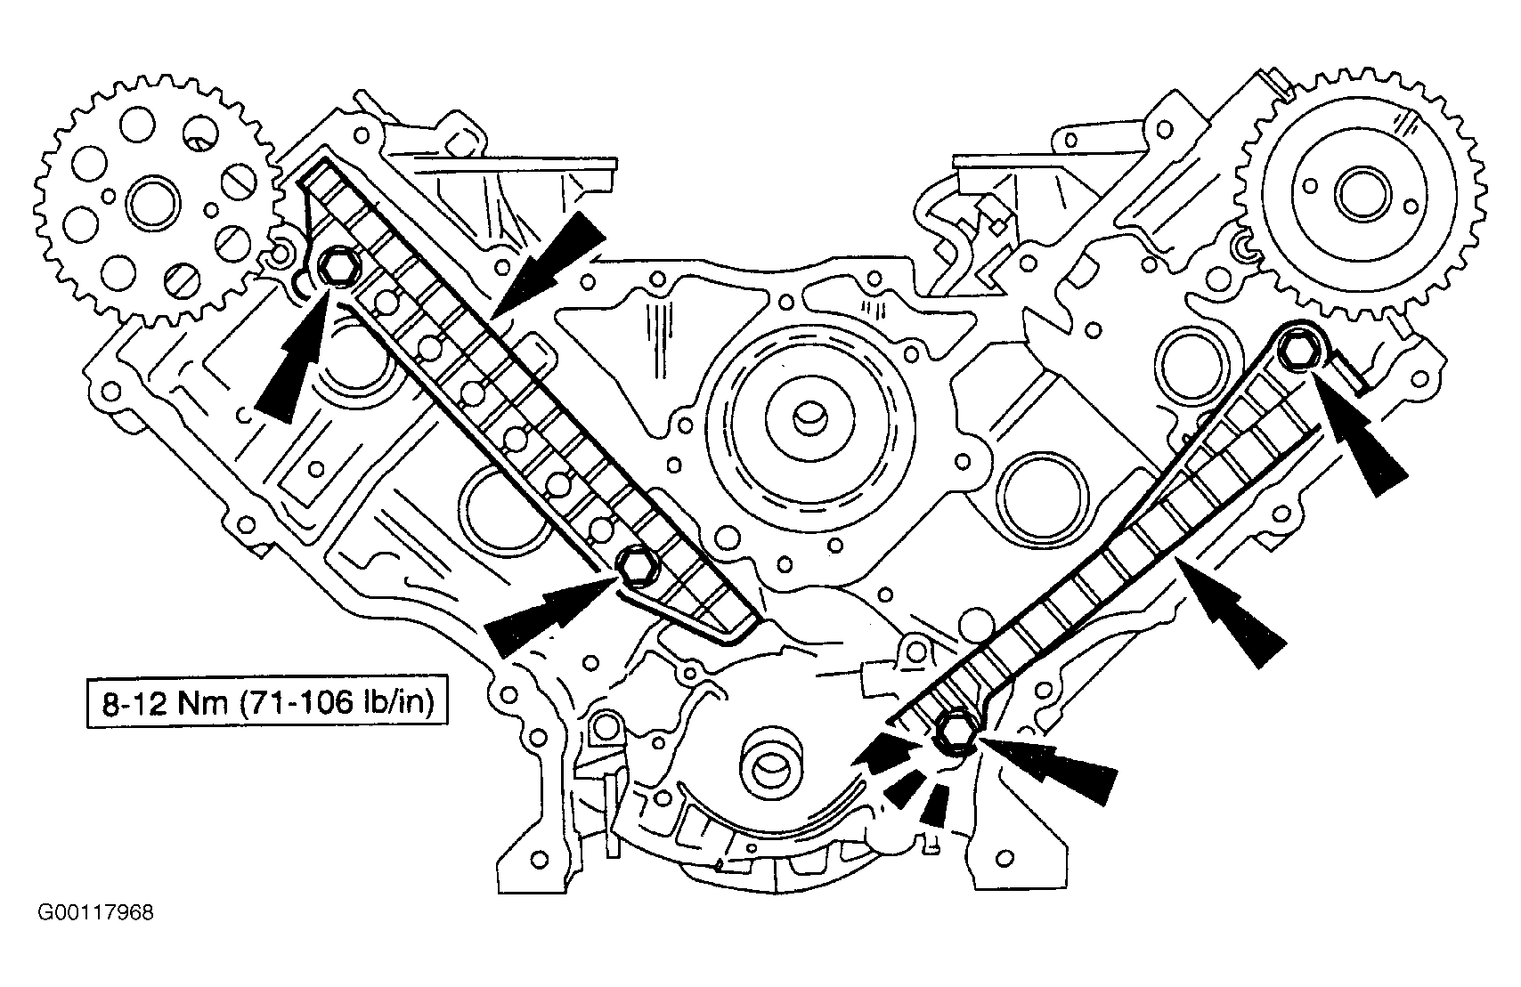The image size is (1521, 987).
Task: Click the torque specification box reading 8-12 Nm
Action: pos(267,702)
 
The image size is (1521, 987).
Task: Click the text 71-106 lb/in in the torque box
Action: pos(336,703)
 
